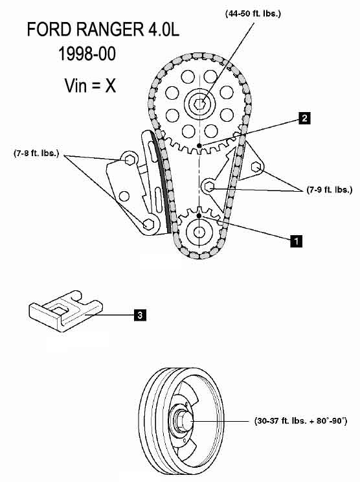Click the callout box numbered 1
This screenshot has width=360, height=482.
296,241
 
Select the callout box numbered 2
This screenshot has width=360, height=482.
304,118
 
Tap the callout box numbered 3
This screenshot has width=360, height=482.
140,315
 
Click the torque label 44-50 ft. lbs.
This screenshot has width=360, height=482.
253,14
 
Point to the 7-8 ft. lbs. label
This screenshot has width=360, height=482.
36,153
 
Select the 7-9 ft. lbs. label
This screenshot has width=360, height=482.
330,190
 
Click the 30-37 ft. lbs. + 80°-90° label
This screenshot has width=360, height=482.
300,420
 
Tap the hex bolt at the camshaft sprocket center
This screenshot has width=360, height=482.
200,103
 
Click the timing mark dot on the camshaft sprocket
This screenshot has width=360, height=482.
199,145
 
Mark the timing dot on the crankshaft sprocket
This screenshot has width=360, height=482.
199,216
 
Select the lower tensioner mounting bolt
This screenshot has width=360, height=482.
148,224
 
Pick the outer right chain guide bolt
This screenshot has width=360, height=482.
256,167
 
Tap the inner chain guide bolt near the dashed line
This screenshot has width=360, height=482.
209,187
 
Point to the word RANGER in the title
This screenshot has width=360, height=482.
109,30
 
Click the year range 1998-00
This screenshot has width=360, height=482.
87,54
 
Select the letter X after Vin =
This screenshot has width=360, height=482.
111,86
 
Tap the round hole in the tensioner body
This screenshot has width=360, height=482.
124,196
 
